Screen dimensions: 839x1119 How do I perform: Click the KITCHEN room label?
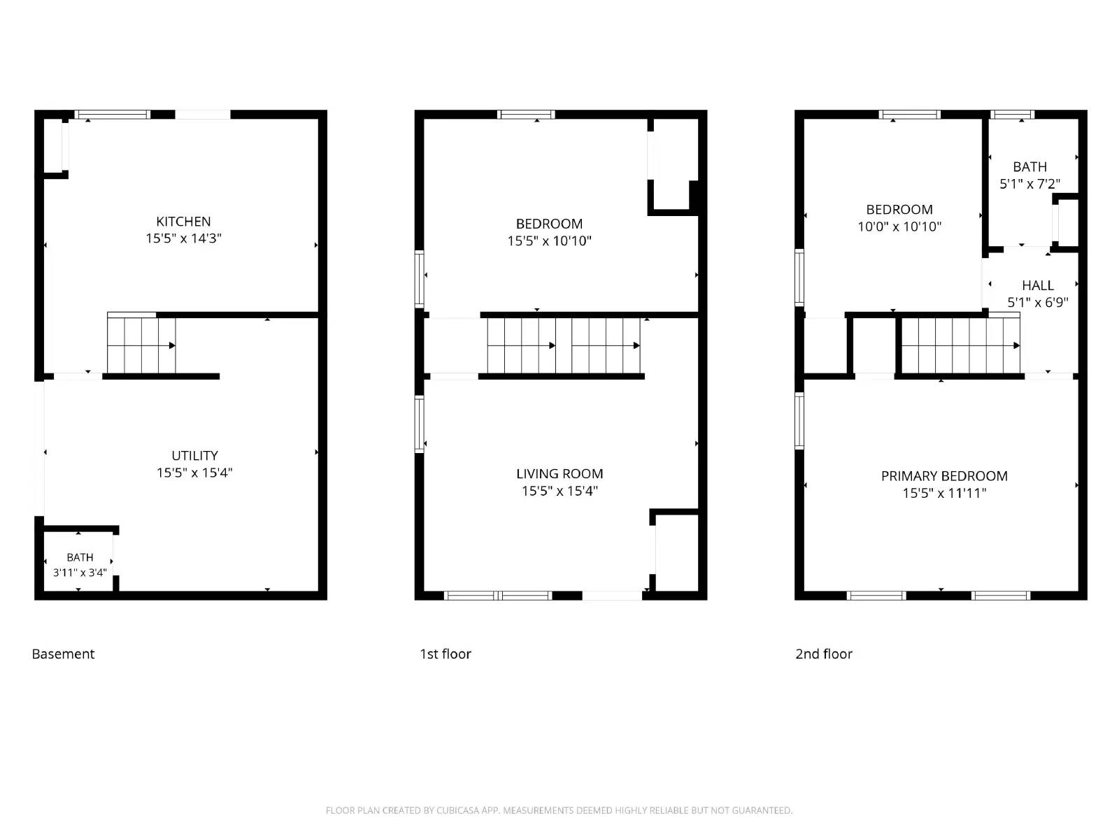coord(183,222)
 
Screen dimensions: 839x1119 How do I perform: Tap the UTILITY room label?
coord(194,456)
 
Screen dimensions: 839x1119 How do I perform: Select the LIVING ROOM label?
coord(559,474)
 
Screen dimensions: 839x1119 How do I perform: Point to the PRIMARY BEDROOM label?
coord(944,476)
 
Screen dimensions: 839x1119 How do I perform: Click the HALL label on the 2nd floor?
coord(1038,285)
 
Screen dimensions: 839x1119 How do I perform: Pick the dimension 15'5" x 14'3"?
coord(183,238)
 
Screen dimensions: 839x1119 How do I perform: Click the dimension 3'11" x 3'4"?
coord(80,573)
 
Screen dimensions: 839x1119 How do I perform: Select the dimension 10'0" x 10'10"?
coord(899,227)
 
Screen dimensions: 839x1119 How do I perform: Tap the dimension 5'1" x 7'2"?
coord(1029,184)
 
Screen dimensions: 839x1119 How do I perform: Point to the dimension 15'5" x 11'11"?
coord(944,493)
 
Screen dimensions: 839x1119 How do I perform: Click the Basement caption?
coord(63,654)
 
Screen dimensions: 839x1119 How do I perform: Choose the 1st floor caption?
coord(446,654)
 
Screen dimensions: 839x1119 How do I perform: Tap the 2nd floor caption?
coord(824,654)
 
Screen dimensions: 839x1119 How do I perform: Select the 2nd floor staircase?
coord(960,345)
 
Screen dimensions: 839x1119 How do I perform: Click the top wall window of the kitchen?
coord(113,115)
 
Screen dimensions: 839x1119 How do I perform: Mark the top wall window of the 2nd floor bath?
coord(1012,115)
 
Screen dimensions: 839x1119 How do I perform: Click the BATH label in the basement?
coord(80,557)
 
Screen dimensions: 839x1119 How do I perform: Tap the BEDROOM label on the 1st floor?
coord(549,224)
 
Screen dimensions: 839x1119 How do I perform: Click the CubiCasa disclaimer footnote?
coord(559,810)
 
